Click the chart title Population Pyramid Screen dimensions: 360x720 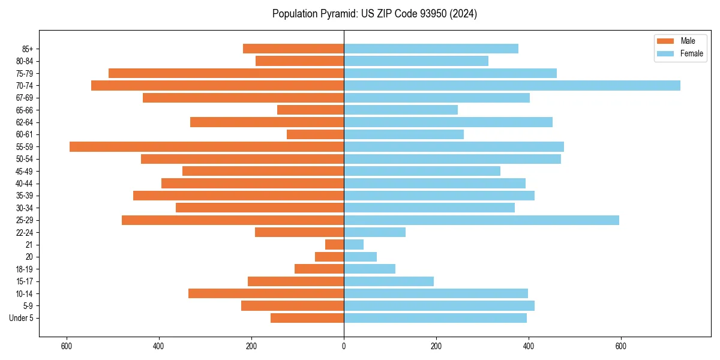coord(374,14)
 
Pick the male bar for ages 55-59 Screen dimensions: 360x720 coord(206,146)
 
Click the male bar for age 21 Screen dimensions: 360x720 coord(334,244)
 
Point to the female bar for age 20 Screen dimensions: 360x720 coord(360,257)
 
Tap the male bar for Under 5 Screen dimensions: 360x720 coord(307,318)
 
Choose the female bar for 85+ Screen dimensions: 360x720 coord(431,49)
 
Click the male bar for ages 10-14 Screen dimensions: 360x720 coord(266,293)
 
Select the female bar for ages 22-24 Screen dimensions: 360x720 coord(374,232)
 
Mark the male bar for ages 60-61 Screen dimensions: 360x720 coord(315,134)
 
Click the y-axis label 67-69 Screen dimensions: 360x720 coord(24,98)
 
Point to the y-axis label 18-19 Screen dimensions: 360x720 coord(24,269)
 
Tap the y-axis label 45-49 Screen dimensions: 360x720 coord(24,171)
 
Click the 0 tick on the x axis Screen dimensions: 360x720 coord(344,346)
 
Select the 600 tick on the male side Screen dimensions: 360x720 coord(67,346)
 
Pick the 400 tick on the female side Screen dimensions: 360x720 coord(529,346)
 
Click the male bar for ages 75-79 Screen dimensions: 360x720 coord(226,73)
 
